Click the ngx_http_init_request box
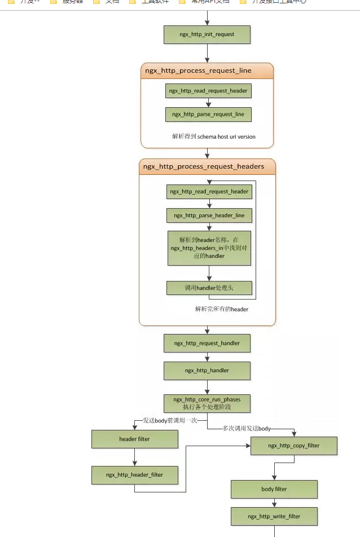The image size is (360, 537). pos(207,34)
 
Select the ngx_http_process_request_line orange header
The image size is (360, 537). pos(207,71)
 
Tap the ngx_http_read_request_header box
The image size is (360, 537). pos(208,90)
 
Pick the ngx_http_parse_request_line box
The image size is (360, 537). pos(208,114)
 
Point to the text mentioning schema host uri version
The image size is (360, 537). pos(214,137)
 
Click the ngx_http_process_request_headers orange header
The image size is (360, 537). pos(207,166)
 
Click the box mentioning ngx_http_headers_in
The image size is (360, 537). pos(209,248)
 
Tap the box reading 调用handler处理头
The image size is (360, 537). pos(209,288)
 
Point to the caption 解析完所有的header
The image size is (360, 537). pos(222,309)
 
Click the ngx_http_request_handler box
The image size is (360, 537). pos(207,343)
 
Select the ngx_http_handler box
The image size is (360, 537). pos(207,371)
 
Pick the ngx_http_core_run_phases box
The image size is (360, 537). pos(207,403)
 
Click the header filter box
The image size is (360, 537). pos(135,439)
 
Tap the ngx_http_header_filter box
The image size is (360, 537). pos(135,475)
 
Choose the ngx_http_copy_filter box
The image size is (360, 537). pos(293,446)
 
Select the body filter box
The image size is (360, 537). pos(274,489)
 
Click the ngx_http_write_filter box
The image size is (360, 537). pos(274,516)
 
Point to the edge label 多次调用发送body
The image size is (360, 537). pos(247,429)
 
